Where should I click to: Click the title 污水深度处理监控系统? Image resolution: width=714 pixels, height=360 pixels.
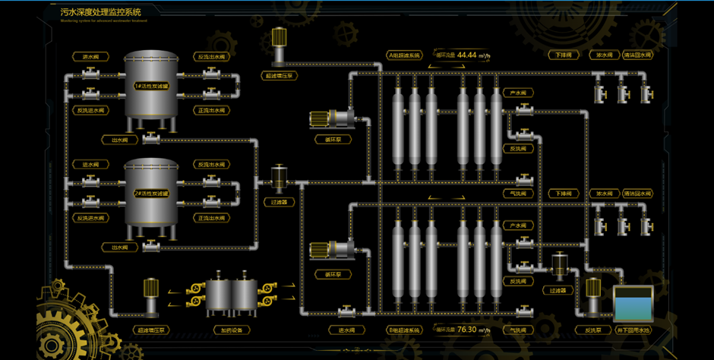100,12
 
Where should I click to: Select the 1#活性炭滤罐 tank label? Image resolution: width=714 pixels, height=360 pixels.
151,85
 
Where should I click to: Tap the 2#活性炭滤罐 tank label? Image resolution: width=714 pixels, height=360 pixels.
151,193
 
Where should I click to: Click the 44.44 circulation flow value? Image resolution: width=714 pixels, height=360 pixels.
467,55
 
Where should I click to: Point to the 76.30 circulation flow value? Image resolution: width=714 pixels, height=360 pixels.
467,329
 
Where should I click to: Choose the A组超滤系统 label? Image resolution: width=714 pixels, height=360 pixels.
403,55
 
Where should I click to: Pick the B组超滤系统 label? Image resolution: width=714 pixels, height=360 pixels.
403,330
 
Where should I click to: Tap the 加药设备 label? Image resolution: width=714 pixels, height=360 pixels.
231,330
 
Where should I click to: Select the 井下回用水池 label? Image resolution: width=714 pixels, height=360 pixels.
633,330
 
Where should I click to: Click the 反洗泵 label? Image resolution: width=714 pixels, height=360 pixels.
592,330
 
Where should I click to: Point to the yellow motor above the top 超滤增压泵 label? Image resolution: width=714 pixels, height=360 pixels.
279,38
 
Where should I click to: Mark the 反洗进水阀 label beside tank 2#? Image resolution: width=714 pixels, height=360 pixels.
90,218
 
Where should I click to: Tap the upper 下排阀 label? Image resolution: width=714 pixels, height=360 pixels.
563,55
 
